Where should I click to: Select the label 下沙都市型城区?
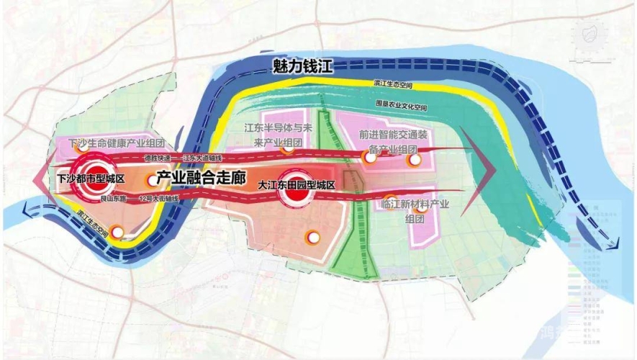[x=91, y=178]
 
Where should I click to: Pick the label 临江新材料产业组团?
[x=413, y=211]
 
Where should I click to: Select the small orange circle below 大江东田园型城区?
[x=312, y=236]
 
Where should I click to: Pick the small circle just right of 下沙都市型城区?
[x=150, y=180]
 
